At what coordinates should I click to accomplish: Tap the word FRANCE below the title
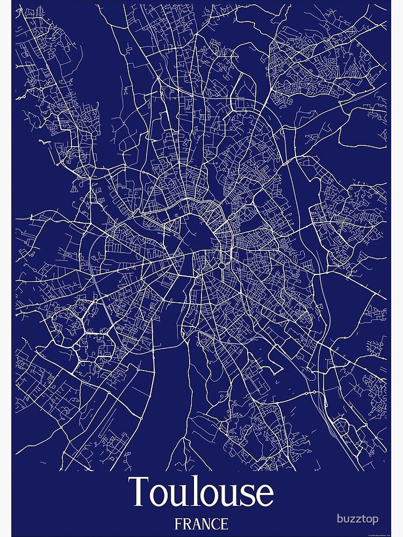[x=201, y=523]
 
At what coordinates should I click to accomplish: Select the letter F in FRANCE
[x=178, y=523]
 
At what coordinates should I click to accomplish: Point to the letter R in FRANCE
[x=187, y=523]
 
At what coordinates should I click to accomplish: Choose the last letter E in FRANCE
[x=225, y=523]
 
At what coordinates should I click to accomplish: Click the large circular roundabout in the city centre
[x=221, y=265]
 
